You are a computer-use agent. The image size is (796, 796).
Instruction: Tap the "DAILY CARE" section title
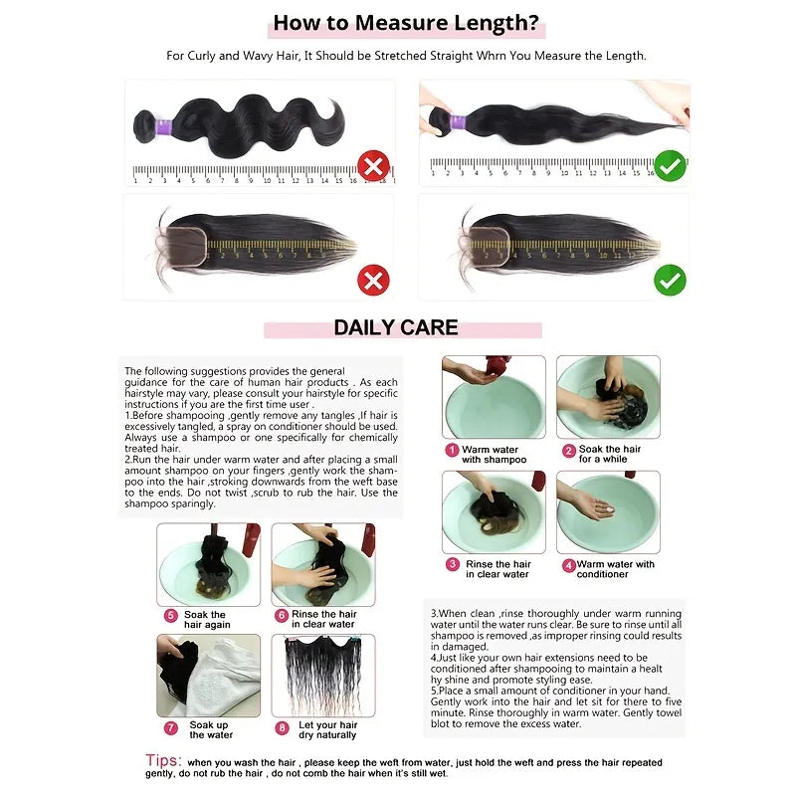click(x=396, y=328)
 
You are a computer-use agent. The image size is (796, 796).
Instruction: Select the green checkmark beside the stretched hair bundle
click(x=670, y=164)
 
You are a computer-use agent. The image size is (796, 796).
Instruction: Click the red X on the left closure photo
click(x=373, y=280)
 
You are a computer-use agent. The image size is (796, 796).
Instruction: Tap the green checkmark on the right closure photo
click(x=670, y=280)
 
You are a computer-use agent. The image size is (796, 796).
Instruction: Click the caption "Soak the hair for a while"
click(x=609, y=455)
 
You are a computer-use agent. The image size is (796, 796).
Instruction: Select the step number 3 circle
click(x=453, y=565)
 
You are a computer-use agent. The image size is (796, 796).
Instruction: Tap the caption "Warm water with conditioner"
click(x=615, y=569)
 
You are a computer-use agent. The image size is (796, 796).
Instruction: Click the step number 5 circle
click(x=170, y=616)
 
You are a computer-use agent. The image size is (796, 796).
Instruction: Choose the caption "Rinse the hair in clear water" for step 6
click(x=323, y=619)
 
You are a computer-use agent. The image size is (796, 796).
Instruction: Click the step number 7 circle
click(x=170, y=727)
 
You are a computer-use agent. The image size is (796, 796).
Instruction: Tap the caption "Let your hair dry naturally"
click(x=327, y=730)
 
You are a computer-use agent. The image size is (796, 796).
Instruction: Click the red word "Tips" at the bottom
click(x=162, y=761)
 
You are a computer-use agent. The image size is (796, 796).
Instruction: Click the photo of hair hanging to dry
click(x=322, y=675)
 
